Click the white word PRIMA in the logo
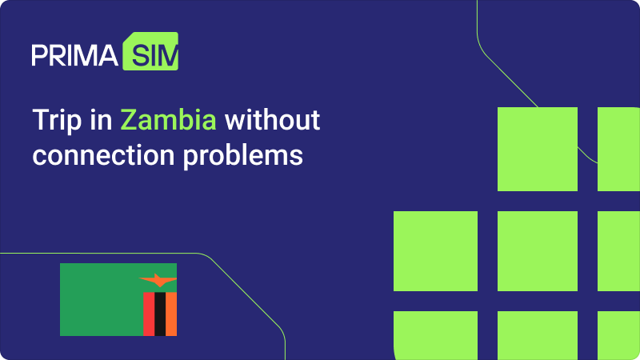click(x=74, y=55)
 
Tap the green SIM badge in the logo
click(x=150, y=51)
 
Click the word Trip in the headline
click(x=57, y=121)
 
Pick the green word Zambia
click(x=168, y=119)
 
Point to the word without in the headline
click(x=272, y=119)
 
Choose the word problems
click(x=243, y=156)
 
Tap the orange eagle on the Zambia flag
click(x=158, y=281)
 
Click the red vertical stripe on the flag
click(x=149, y=314)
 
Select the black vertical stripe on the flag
click(x=160, y=314)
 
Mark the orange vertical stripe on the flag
click(x=171, y=314)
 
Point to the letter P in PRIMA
click(x=39, y=55)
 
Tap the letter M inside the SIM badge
click(x=170, y=55)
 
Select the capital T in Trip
click(x=41, y=120)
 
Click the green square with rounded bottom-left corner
click(x=435, y=335)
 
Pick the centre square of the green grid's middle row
click(x=538, y=251)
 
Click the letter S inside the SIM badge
click(x=141, y=55)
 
